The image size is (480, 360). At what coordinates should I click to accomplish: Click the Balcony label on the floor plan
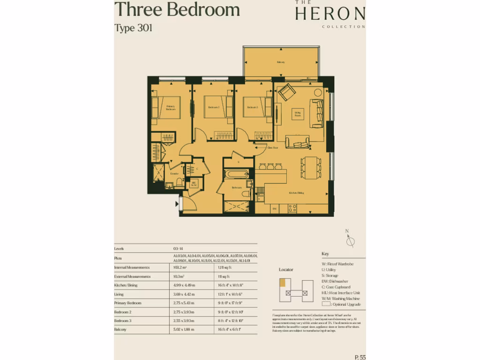coord(281,62)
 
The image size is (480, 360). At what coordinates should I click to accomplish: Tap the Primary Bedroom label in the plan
coord(171,108)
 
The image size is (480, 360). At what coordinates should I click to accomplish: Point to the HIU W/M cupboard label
coord(193,184)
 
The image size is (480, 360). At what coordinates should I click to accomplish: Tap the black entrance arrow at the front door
coord(177,203)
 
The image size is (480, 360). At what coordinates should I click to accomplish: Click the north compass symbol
coord(350,240)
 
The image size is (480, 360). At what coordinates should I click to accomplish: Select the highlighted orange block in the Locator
coord(282,283)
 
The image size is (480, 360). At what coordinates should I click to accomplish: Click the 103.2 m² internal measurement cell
coord(180,267)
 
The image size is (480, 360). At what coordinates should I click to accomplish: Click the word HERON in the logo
coord(330,14)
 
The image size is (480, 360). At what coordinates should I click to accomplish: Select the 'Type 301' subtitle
coord(134,28)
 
